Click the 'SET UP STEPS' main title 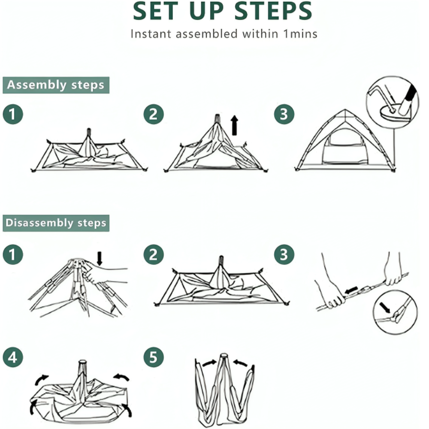point(222,12)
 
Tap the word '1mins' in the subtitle point(300,34)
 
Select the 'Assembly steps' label point(56,85)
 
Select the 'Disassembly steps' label point(56,223)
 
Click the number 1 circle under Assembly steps point(13,115)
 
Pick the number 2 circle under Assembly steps point(154,115)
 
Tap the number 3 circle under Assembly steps point(284,115)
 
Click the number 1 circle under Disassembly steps point(13,255)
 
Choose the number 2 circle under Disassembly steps point(154,255)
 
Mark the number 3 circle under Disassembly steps point(284,255)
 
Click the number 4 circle point(13,358)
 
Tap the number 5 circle point(154,358)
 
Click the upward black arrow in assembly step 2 point(234,125)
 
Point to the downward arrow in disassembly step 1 point(100,258)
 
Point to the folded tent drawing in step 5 point(224,388)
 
